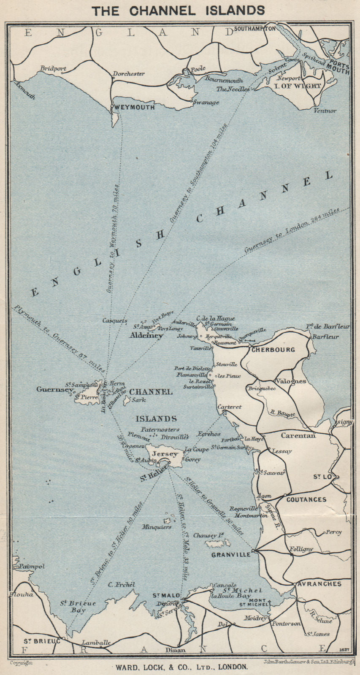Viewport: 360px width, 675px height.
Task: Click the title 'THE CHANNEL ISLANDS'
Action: pos(179,11)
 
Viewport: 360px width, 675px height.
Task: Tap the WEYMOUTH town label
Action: pos(134,108)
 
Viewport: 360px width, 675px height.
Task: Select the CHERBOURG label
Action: pos(273,350)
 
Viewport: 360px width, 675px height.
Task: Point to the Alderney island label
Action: pos(146,336)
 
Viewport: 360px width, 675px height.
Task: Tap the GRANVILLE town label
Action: pos(231,555)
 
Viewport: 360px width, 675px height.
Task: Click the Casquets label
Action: pos(115,321)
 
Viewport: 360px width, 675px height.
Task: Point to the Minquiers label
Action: pos(157,527)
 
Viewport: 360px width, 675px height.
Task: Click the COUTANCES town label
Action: pos(306,499)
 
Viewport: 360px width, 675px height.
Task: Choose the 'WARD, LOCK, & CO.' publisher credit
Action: pos(179,667)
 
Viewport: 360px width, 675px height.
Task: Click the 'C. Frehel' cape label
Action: pos(122,585)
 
